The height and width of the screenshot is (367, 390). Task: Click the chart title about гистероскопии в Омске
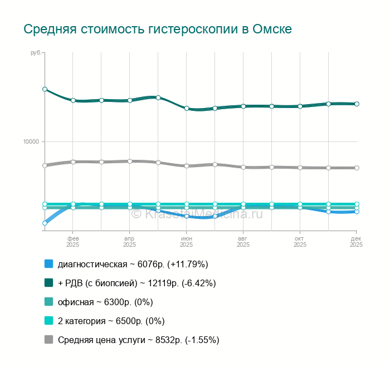click(158, 29)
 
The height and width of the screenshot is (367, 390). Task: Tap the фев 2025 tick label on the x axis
click(72, 241)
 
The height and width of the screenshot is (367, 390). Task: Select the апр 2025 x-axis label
click(129, 241)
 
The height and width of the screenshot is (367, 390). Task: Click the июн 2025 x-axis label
click(186, 241)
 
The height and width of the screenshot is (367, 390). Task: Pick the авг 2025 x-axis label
click(243, 241)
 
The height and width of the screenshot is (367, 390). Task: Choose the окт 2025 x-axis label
click(300, 241)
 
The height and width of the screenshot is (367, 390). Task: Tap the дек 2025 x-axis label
click(356, 241)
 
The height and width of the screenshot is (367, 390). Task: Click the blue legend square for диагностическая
click(48, 264)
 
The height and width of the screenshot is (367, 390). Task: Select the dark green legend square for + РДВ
click(48, 283)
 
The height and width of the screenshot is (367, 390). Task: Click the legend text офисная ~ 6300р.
click(105, 302)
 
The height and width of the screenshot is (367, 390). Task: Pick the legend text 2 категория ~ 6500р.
click(111, 321)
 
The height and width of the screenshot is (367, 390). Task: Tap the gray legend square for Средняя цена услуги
click(48, 340)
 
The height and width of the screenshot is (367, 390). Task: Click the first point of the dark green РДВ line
click(45, 89)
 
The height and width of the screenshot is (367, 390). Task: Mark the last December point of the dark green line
click(357, 104)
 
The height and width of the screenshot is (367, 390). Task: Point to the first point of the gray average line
click(45, 165)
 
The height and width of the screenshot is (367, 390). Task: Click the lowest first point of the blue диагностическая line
click(45, 223)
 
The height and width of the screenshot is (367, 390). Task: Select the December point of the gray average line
click(357, 168)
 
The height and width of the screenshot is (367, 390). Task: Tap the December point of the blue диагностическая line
click(357, 212)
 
